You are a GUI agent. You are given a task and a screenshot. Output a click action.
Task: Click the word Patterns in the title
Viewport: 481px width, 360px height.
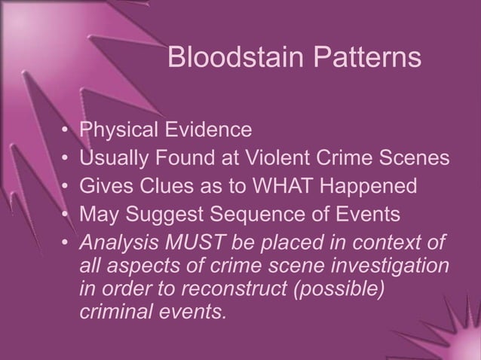click(362, 59)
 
